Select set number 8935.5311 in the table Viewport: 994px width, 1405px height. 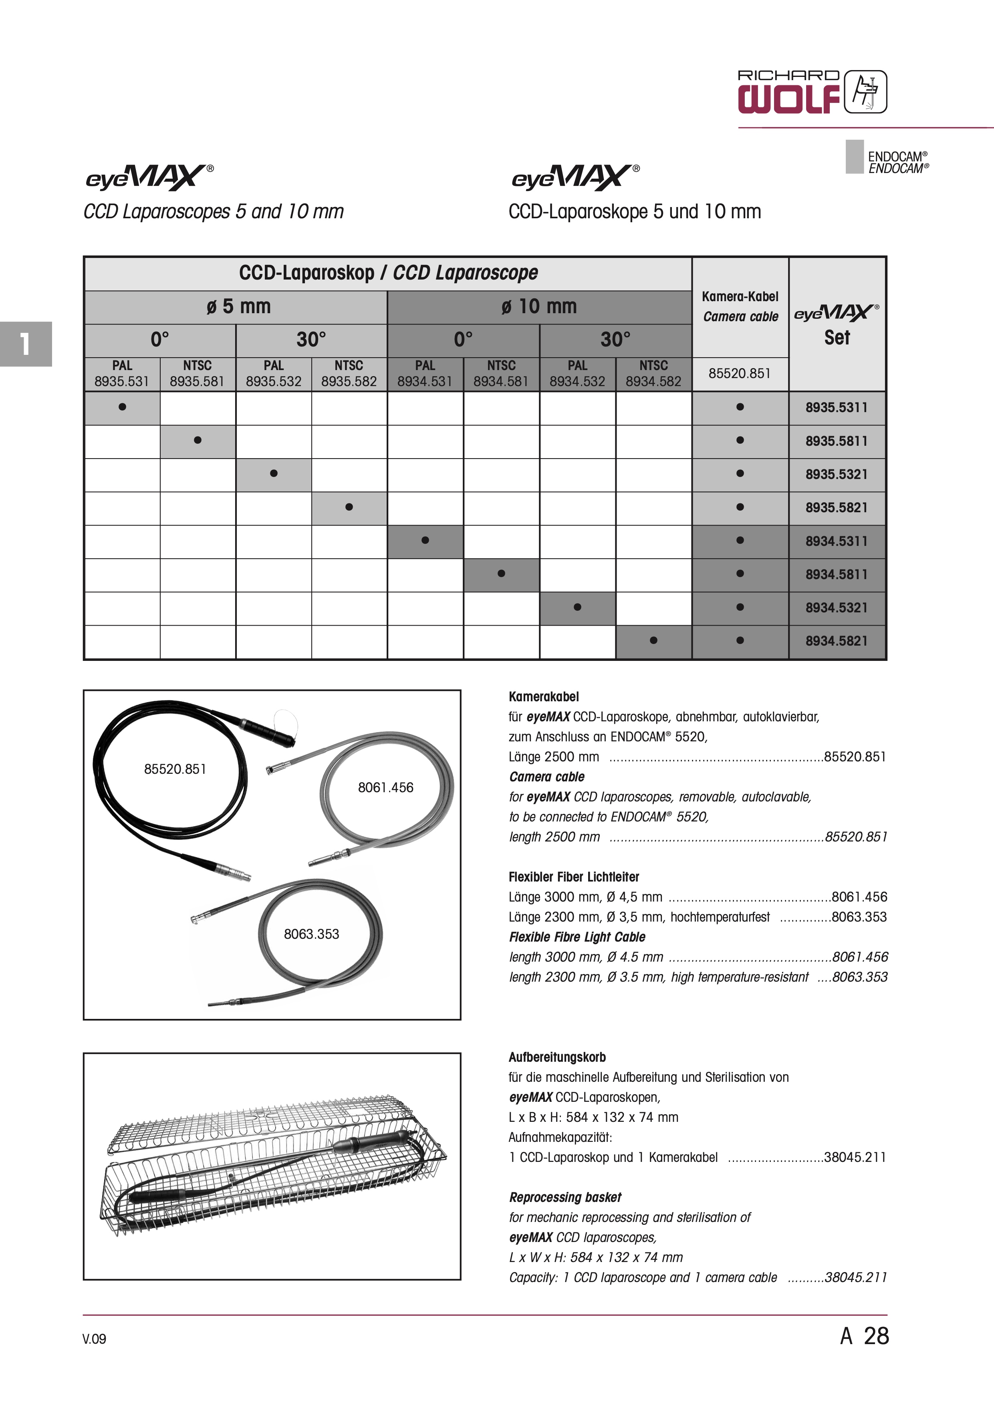click(x=836, y=408)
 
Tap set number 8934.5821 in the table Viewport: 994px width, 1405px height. click(x=836, y=641)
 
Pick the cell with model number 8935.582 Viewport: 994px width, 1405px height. click(x=349, y=374)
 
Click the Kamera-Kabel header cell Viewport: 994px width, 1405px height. click(x=740, y=306)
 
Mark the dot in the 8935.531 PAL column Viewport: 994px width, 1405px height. click(x=123, y=407)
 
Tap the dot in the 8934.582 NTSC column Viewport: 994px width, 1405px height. click(x=654, y=641)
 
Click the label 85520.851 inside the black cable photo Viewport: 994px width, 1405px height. click(x=175, y=769)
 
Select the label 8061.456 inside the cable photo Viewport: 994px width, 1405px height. click(x=385, y=787)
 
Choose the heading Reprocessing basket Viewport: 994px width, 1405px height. click(x=565, y=1197)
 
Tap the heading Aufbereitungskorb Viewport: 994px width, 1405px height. click(x=557, y=1057)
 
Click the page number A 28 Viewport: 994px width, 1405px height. click(x=864, y=1336)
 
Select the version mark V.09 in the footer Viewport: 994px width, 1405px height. click(x=94, y=1339)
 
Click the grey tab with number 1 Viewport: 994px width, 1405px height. click(x=26, y=344)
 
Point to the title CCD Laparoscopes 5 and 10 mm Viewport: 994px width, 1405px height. click(x=214, y=212)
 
